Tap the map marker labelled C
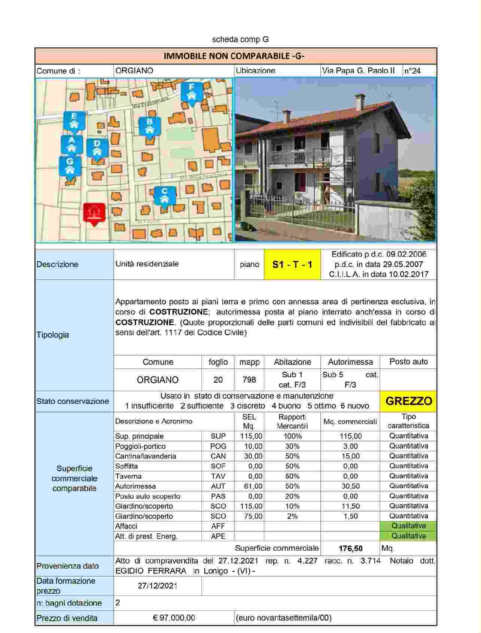(164, 196)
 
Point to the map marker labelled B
(150, 126)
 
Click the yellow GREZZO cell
(408, 401)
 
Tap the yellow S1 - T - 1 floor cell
(292, 265)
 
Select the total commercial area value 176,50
(350, 548)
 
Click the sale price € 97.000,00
(174, 618)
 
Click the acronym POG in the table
(218, 446)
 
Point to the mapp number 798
(249, 380)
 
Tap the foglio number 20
(218, 380)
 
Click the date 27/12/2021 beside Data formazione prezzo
(158, 586)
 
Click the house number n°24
(412, 71)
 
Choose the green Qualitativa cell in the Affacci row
(408, 526)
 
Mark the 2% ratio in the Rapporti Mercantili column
(292, 516)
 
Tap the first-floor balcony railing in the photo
(299, 157)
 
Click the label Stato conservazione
(73, 401)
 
